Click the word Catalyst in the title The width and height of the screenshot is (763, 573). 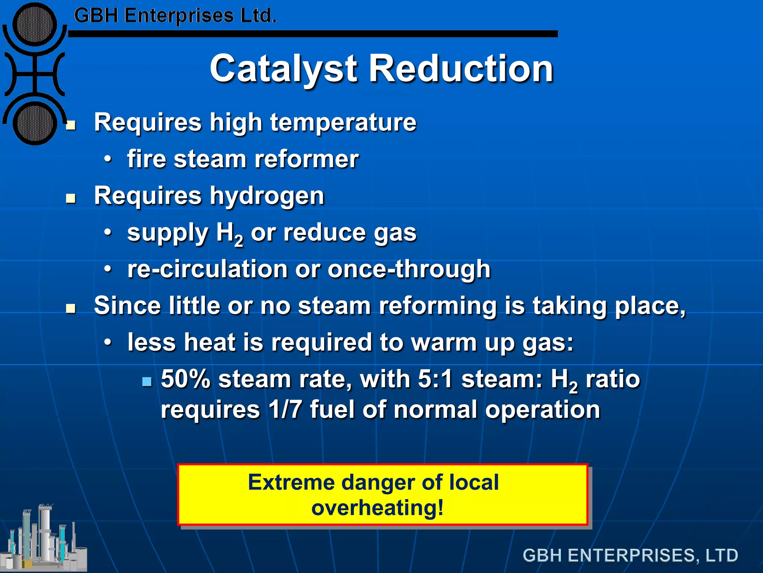(283, 69)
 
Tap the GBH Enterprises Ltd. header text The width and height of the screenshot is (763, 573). (175, 16)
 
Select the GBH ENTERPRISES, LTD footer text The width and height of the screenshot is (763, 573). (630, 555)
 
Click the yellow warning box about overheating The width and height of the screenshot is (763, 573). (383, 495)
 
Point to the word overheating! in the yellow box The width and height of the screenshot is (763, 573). (377, 508)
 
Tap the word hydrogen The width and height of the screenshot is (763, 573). (267, 196)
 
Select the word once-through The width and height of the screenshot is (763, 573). (409, 269)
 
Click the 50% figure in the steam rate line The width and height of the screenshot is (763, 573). (186, 379)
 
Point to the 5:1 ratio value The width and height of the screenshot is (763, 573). (435, 379)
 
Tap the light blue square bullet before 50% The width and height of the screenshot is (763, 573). (147, 382)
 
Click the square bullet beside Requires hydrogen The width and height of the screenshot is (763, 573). (70, 198)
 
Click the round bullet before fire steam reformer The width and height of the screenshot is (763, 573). (108, 160)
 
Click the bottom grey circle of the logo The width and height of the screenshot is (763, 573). (35, 123)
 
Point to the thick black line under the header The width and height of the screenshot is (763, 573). (313, 34)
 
